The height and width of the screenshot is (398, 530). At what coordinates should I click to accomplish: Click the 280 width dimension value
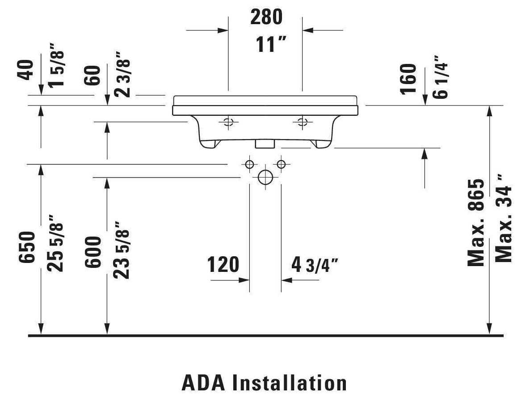pos(266,17)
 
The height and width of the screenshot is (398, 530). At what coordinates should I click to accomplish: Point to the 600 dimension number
pos(93,252)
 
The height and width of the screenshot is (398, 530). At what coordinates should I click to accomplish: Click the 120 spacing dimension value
pos(223,264)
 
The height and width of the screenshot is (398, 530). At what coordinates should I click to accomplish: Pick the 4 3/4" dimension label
pos(315,265)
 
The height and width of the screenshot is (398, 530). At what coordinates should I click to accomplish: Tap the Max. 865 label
pos(476,223)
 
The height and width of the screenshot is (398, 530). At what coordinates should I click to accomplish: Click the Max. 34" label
pos(504,218)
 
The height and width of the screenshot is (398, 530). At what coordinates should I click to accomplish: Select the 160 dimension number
pos(408,79)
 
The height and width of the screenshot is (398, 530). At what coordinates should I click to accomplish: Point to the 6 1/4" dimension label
pos(441,77)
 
